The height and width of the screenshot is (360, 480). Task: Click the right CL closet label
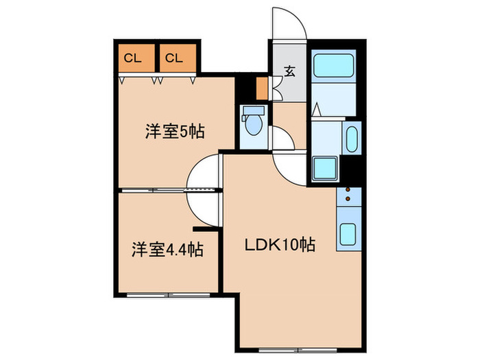click(173, 58)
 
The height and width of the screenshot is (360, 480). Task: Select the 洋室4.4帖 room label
click(167, 249)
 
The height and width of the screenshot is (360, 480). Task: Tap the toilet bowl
click(252, 126)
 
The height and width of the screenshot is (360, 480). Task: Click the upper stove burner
click(348, 190)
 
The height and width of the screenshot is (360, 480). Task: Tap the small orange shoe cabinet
click(261, 88)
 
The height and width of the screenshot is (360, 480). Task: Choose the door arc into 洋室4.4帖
click(204, 206)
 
